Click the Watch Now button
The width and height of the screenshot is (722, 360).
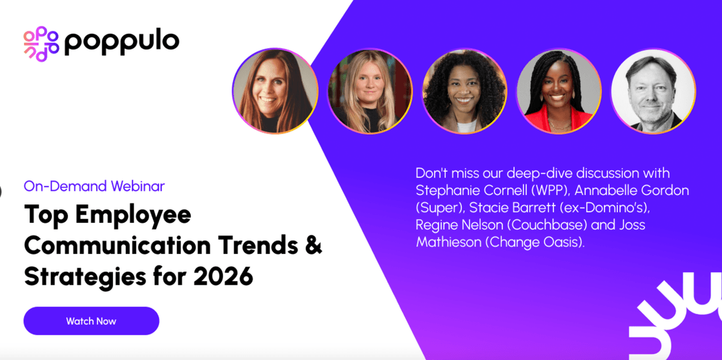91,321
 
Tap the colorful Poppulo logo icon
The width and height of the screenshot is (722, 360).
41,43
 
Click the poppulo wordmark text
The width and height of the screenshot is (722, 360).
122,42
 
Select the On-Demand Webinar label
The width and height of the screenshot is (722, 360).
94,186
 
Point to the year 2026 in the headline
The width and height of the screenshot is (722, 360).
223,276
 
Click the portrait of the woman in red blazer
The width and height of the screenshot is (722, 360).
558,91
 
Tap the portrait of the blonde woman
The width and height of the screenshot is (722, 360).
369,91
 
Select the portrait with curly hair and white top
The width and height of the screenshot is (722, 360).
464,91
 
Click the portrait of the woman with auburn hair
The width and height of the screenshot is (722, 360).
275,91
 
